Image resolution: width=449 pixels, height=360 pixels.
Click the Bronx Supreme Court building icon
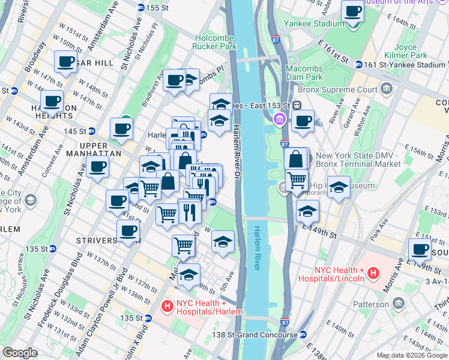[x=386, y=90]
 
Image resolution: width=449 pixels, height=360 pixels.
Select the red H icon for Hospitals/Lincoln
[x=373, y=274]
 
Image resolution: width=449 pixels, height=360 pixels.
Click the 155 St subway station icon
[x=141, y=8]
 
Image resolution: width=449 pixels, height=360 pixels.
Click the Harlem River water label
[x=264, y=247]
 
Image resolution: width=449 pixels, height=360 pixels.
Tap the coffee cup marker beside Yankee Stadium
[x=353, y=11]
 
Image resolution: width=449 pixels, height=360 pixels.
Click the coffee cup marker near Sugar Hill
[x=65, y=61]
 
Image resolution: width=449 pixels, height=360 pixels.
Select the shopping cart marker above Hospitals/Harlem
[x=183, y=245]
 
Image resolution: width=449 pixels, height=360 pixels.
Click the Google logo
[x=20, y=353]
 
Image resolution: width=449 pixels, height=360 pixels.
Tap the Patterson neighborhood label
[x=370, y=304]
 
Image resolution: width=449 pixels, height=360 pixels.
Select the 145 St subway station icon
[x=92, y=131]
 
